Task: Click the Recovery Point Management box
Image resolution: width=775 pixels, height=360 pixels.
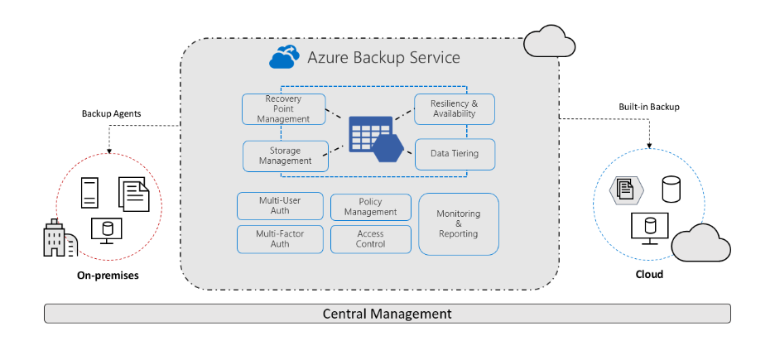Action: click(283, 109)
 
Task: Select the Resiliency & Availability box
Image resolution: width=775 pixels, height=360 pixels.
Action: click(455, 109)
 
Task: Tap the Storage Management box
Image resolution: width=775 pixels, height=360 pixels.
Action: click(285, 156)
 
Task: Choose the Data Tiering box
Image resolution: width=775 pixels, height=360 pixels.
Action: click(455, 154)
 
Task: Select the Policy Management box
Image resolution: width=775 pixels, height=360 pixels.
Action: click(370, 207)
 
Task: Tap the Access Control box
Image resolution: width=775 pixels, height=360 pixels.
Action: click(370, 239)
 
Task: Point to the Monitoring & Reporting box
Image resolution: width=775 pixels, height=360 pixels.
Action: click(458, 223)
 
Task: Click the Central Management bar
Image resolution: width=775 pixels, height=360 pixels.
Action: click(387, 314)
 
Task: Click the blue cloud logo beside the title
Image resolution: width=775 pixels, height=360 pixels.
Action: click(283, 58)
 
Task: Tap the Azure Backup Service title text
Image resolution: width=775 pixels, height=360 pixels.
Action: click(383, 58)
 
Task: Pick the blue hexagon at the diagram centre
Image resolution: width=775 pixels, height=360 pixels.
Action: click(387, 148)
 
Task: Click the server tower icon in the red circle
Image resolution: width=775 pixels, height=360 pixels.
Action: click(90, 193)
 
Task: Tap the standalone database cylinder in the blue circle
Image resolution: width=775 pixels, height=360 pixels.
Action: click(672, 189)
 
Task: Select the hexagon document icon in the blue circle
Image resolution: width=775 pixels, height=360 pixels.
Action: click(627, 190)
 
